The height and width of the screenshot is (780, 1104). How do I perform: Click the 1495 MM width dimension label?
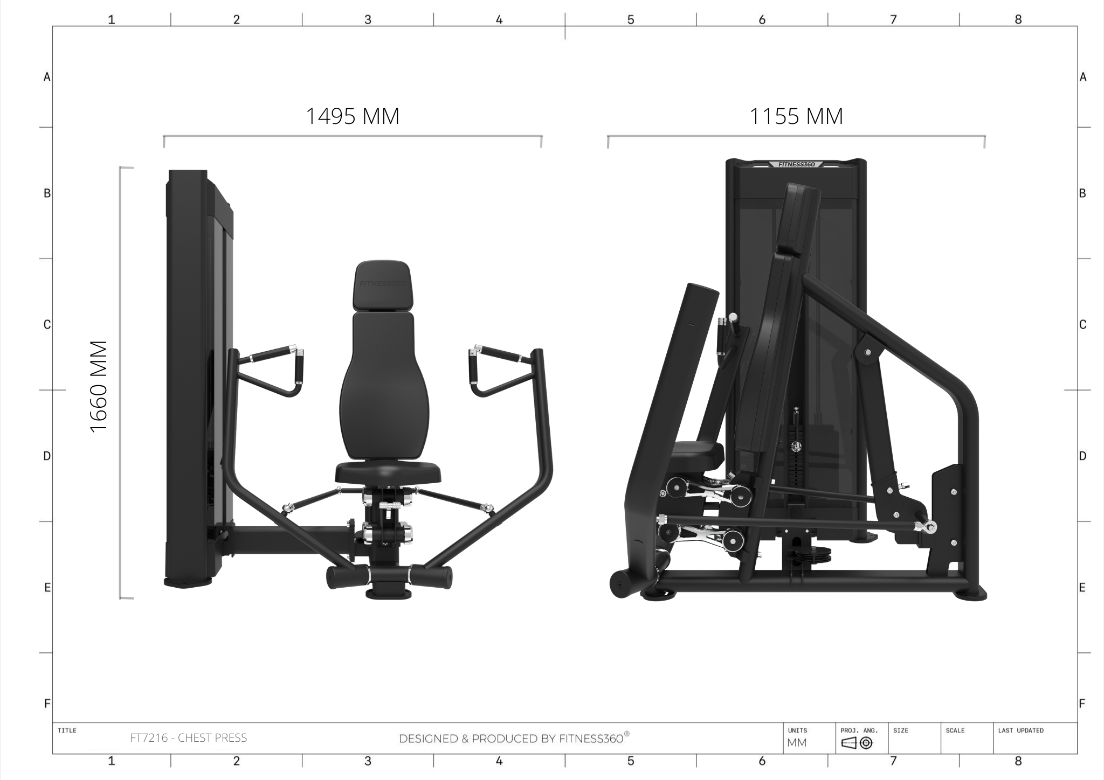(353, 116)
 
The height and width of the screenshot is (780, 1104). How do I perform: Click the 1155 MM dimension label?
(796, 116)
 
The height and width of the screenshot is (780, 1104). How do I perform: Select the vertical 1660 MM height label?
(99, 386)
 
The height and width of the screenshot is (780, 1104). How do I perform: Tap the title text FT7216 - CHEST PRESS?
(189, 738)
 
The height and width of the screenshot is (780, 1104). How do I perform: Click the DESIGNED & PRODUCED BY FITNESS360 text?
(514, 738)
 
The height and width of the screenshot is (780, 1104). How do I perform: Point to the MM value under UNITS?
(797, 743)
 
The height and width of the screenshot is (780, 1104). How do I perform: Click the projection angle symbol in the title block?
(857, 743)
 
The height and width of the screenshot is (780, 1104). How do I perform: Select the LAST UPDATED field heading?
(1020, 730)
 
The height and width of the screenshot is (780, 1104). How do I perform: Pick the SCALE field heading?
(955, 730)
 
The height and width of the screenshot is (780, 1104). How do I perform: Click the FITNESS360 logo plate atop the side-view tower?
(797, 164)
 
